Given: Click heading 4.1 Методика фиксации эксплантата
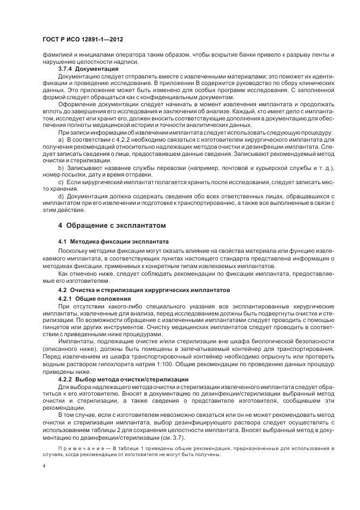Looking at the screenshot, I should click(113, 240).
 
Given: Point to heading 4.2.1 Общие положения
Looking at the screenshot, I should click(94, 299).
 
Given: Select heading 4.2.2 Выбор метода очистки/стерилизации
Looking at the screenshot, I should click(123, 379).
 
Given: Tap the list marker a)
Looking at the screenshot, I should click(61, 140).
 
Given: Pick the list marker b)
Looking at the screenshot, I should click(61, 168).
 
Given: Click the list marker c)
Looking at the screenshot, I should click(61, 181).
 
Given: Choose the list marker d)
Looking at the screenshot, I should click(61, 196).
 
